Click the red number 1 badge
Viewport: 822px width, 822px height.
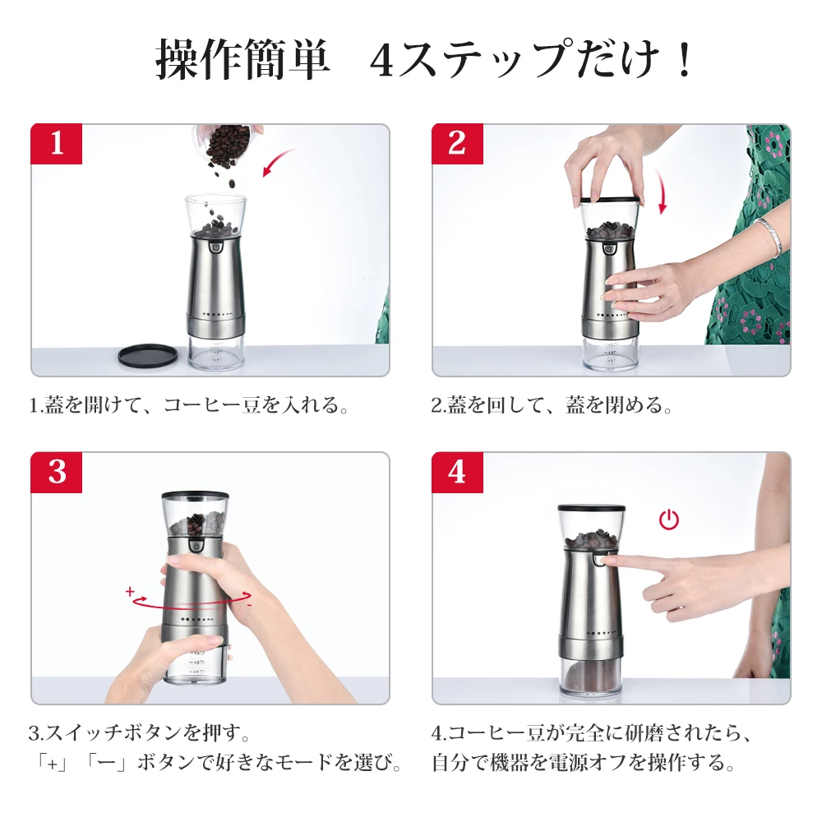pos(57,144)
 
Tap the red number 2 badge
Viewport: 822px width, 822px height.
pos(457,144)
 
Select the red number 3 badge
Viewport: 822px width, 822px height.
pos(57,473)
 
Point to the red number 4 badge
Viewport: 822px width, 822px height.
pos(457,473)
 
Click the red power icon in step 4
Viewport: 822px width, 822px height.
pos(669,519)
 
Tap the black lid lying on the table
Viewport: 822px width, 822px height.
pos(148,355)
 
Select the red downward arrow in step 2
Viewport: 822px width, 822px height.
pos(662,192)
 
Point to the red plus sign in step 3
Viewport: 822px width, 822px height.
pos(130,591)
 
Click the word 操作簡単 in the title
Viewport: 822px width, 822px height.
pos(242,59)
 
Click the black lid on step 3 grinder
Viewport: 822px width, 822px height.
pos(195,496)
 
